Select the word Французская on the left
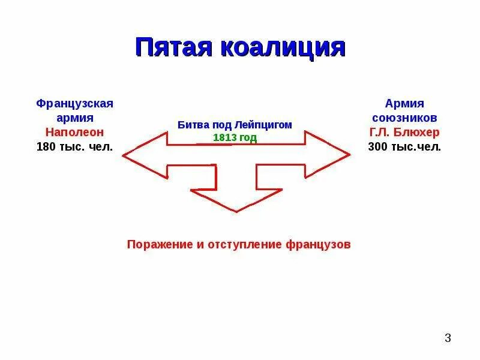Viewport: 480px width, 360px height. coord(75,103)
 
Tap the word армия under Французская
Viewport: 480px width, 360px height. coord(75,118)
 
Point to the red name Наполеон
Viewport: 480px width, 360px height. coord(75,132)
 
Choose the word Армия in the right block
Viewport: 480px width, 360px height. coord(404,103)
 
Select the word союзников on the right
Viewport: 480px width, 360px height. coord(404,118)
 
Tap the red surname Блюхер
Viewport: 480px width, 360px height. coord(420,132)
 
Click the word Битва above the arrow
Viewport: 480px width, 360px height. coord(193,125)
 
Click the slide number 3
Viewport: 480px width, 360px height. coord(448,338)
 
